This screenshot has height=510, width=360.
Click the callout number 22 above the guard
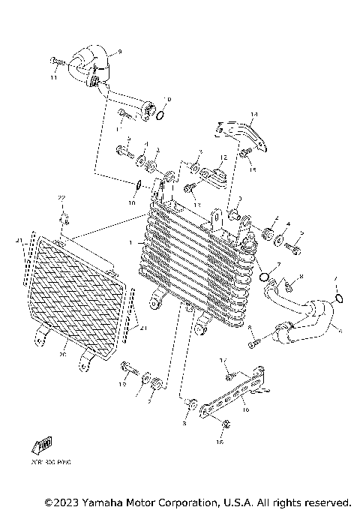pyautogui.click(x=63, y=197)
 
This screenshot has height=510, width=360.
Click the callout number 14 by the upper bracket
pyautogui.click(x=253, y=115)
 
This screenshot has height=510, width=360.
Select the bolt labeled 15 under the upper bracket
pyautogui.click(x=244, y=154)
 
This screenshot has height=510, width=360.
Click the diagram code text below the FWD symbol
pyautogui.click(x=49, y=461)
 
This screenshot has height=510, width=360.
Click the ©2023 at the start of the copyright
pyautogui.click(x=61, y=501)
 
